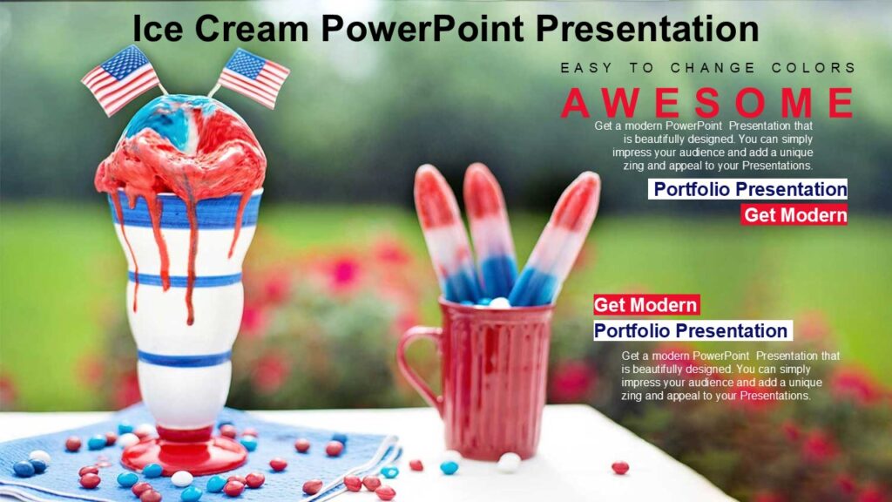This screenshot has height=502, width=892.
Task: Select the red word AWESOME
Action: [x=707, y=103]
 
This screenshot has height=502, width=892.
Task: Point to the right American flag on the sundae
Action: [x=253, y=77]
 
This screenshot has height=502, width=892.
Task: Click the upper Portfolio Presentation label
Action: [x=749, y=189]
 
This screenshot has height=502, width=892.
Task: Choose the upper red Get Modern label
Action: [x=794, y=215]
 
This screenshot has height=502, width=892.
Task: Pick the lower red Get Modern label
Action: [x=646, y=305]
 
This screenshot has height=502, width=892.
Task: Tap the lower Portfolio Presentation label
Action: [x=692, y=331]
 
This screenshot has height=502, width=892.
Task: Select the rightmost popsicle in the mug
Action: [x=557, y=235]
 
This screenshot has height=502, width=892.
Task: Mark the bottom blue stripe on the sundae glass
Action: [x=185, y=358]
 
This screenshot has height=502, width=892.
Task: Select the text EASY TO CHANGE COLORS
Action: [x=707, y=68]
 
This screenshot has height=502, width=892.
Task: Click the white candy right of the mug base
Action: [x=509, y=462]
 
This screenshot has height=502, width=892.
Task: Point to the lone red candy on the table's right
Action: [x=620, y=468]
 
